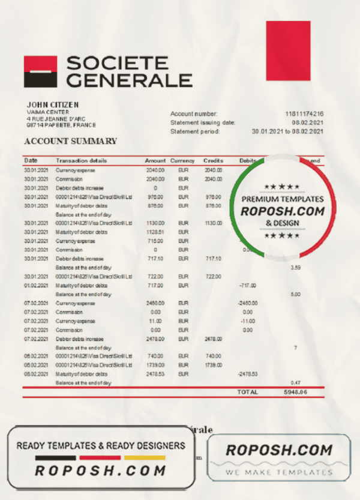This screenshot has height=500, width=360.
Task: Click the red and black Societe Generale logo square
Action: tap(40, 71)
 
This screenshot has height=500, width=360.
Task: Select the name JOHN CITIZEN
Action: tap(52, 104)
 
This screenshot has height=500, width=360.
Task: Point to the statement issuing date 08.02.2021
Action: tap(307, 122)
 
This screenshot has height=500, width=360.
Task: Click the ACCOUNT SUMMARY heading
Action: tap(70, 142)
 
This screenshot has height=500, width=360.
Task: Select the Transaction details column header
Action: tap(82, 161)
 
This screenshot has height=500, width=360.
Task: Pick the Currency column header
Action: tap(182, 161)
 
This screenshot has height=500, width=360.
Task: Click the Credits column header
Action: tap(213, 161)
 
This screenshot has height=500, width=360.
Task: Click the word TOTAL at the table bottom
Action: tap(248, 392)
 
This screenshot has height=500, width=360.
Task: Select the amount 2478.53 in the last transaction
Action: tap(155, 373)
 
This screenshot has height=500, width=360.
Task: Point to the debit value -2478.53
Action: tap(247, 373)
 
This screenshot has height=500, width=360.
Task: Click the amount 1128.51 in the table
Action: tap(155, 232)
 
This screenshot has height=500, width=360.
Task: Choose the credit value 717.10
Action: tap(214, 258)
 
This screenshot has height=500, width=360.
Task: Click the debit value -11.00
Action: tap(247, 321)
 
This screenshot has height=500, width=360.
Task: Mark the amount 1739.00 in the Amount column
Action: tap(155, 365)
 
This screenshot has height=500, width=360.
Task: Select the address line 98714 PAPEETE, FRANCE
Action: tap(61, 125)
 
